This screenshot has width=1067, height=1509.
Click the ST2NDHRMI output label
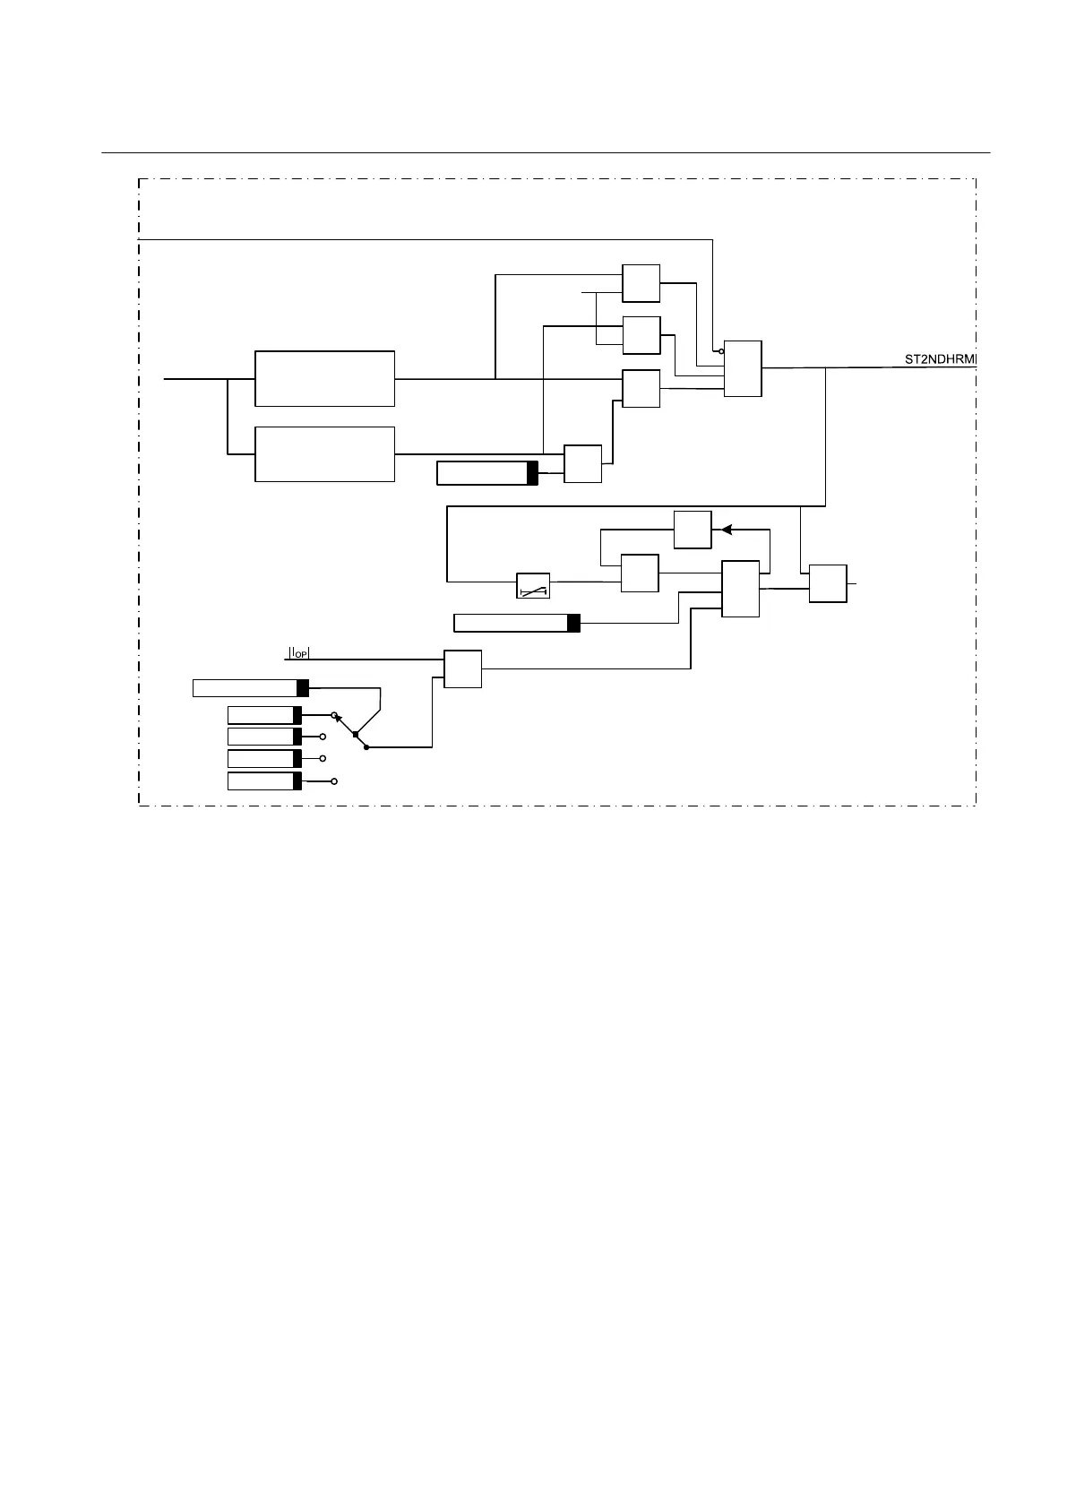click(x=940, y=360)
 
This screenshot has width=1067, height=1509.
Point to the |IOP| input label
click(x=298, y=652)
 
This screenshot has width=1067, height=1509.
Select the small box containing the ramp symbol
click(x=533, y=586)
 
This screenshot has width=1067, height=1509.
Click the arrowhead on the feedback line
click(x=727, y=530)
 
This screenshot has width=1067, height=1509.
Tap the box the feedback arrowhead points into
click(x=693, y=530)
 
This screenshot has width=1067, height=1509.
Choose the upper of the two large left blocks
click(x=324, y=379)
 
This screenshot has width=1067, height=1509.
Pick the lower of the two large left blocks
click(x=324, y=454)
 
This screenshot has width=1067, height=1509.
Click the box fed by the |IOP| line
click(x=462, y=668)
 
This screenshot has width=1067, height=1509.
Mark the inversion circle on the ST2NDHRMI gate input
click(x=721, y=351)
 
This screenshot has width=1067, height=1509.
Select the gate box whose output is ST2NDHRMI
click(x=743, y=368)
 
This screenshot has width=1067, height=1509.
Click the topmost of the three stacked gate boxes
click(x=641, y=283)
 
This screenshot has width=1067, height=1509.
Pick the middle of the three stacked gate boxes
click(x=641, y=335)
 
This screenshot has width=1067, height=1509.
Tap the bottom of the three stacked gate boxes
click(x=641, y=388)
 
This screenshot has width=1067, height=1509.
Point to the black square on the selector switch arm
click(x=356, y=735)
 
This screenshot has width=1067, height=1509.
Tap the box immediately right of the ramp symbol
click(x=640, y=573)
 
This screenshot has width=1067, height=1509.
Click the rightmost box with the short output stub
click(x=827, y=583)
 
